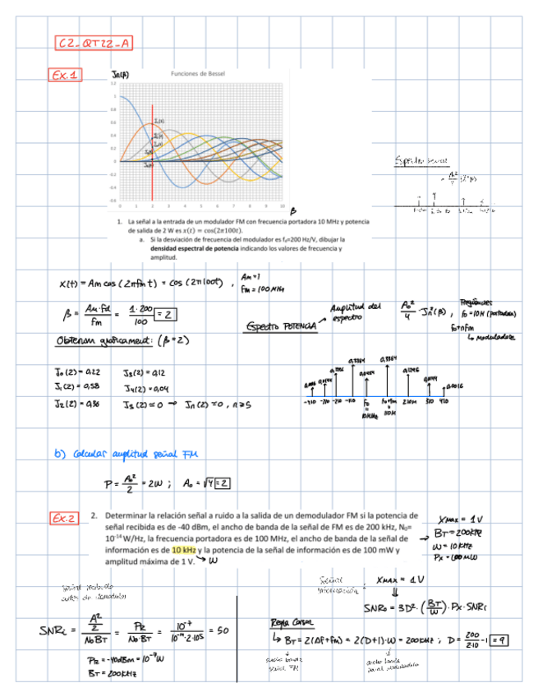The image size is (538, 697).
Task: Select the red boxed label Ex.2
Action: [66, 518]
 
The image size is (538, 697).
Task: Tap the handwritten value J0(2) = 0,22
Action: [77, 372]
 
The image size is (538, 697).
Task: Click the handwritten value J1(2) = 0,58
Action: [77, 386]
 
